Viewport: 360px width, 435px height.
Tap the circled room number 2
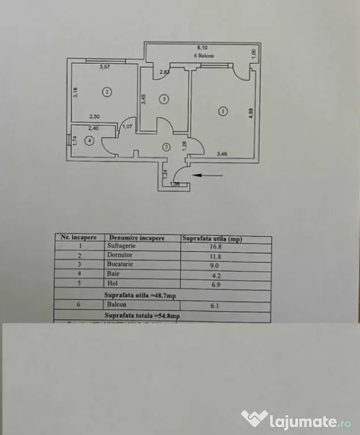[106, 91]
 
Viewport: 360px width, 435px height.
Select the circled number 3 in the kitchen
[164, 99]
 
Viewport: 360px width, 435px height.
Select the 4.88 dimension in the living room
[251, 113]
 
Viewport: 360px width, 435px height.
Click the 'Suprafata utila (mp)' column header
[212, 238]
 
